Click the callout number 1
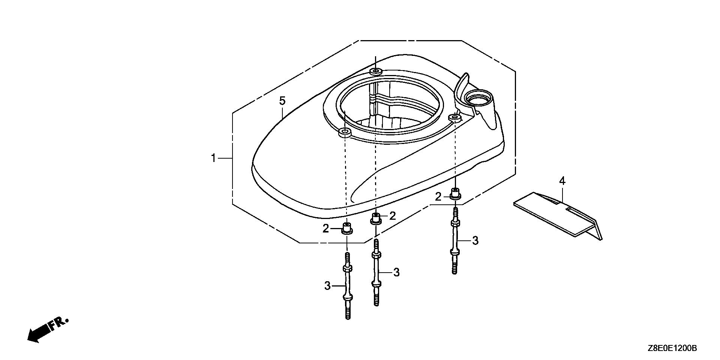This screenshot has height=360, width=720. click(x=213, y=158)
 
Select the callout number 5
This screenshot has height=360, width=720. click(x=282, y=101)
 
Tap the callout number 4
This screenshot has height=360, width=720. click(x=562, y=181)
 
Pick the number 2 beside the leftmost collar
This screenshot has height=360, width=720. click(x=326, y=228)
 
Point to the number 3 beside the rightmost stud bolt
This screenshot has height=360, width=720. click(x=475, y=240)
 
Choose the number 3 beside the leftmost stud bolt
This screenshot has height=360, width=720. click(x=327, y=286)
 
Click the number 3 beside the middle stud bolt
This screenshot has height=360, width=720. click(x=396, y=272)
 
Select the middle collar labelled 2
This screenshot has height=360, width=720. click(x=376, y=218)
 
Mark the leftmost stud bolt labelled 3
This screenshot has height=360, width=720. click(x=348, y=285)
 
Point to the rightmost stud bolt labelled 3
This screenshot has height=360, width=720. click(x=455, y=241)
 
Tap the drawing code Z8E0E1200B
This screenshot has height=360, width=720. click(x=671, y=348)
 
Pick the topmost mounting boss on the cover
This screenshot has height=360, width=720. click(x=375, y=71)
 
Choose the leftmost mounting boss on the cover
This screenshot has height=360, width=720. click(x=345, y=132)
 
